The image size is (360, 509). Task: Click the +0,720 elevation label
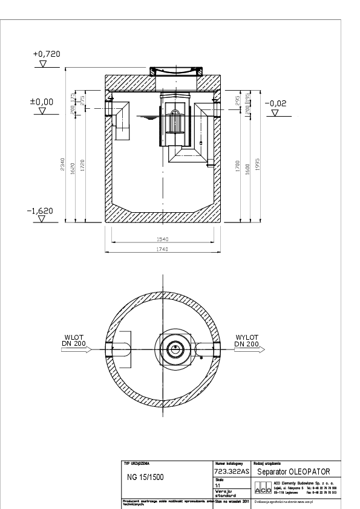click(47, 54)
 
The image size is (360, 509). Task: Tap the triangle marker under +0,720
click(43, 62)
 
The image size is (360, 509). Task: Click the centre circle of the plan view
click(176, 349)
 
